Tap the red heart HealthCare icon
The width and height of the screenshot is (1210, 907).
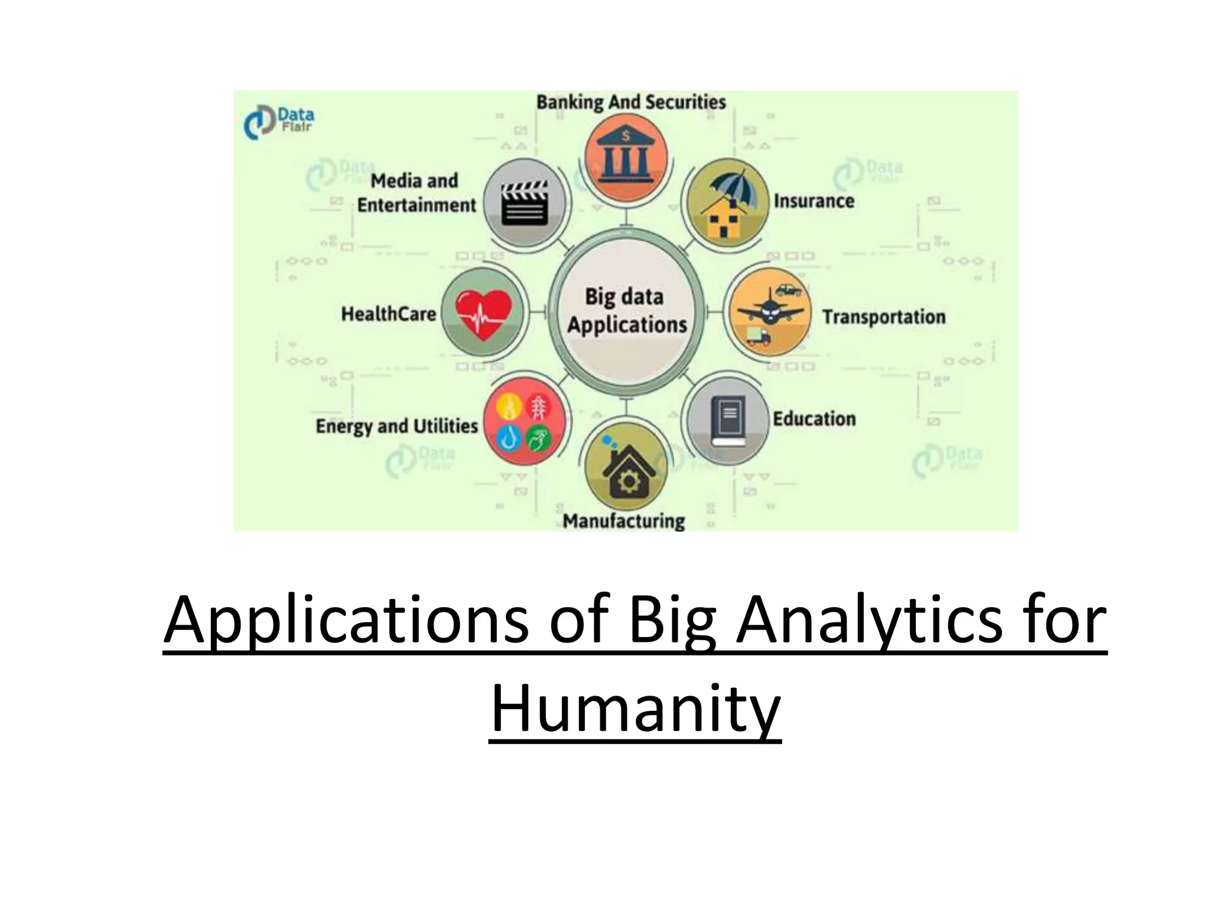[x=483, y=314]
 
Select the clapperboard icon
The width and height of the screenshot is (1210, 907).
[x=525, y=203]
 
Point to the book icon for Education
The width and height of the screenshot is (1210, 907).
[x=728, y=420]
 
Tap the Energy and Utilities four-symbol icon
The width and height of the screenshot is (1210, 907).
[x=523, y=422]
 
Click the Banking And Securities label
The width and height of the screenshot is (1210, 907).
[x=631, y=102]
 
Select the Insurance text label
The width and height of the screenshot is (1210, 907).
[x=814, y=201]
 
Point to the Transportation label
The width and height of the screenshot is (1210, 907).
[x=884, y=317]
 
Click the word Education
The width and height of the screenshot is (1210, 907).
[x=814, y=419]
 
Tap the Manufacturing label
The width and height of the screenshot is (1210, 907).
[x=624, y=521]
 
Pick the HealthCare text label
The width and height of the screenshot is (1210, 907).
[x=388, y=314]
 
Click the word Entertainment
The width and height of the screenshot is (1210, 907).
[x=416, y=205]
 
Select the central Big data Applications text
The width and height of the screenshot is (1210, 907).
[x=626, y=311]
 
